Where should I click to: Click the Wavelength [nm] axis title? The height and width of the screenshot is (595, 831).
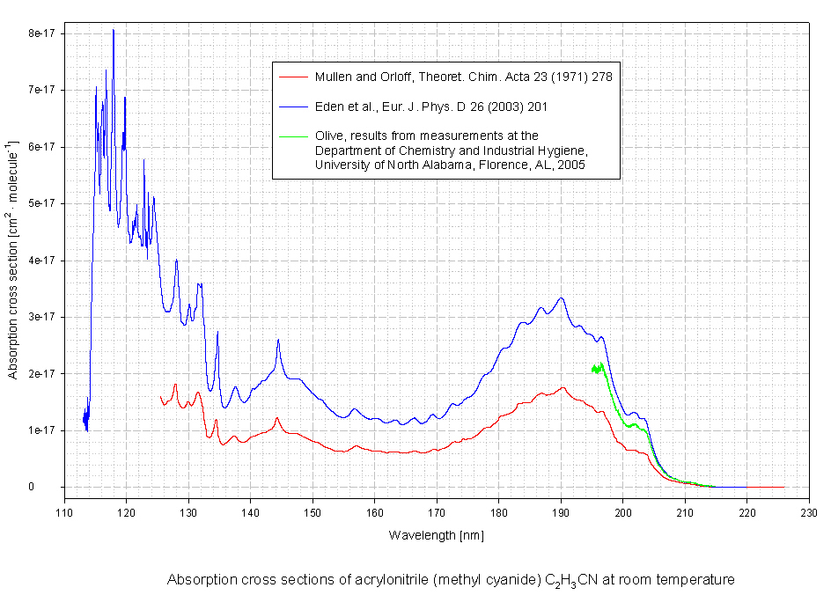tap(437, 534)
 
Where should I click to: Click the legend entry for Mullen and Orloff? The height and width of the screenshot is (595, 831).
tap(463, 77)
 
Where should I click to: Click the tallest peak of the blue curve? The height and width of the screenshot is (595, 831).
tap(113, 31)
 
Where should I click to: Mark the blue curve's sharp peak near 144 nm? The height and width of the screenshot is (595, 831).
tap(278, 340)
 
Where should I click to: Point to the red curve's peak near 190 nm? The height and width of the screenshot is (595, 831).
tap(562, 387)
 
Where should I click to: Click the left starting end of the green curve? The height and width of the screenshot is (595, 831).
tap(592, 370)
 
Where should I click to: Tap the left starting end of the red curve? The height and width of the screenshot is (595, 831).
tap(160, 396)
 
